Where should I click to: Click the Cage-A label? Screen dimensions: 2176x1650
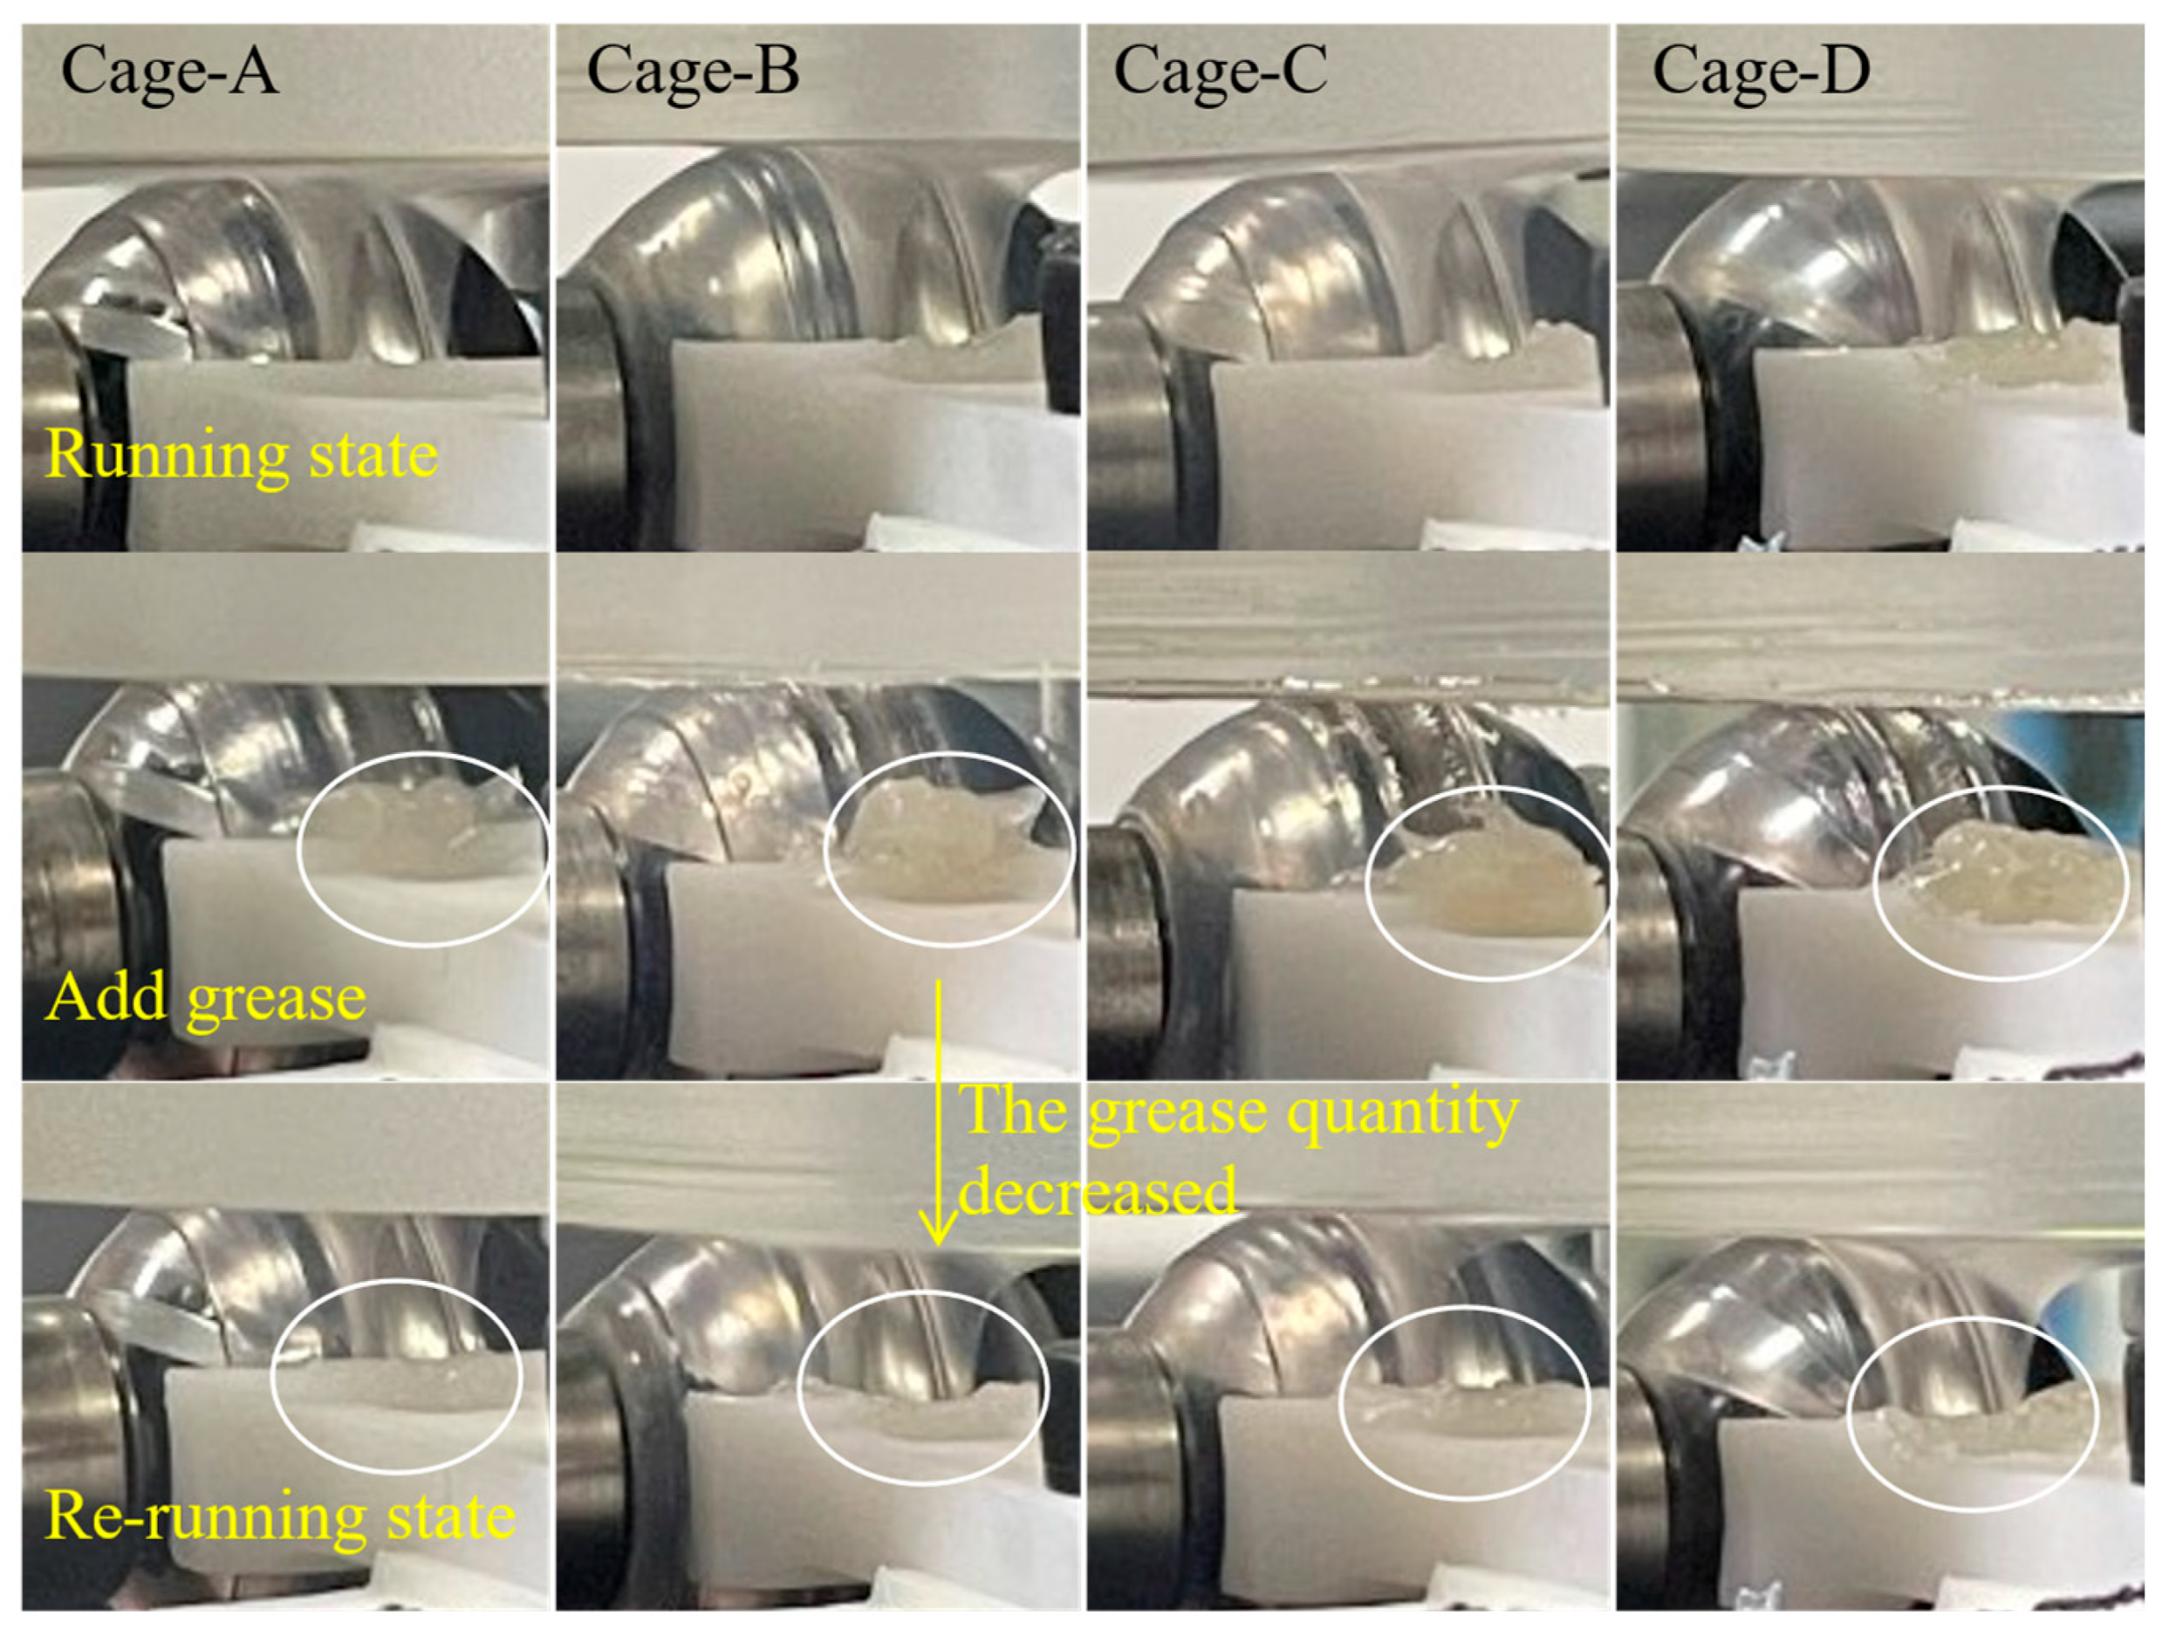[x=169, y=71]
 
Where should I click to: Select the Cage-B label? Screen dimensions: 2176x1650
[x=693, y=71]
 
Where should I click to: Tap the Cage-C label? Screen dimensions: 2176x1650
[x=1220, y=71]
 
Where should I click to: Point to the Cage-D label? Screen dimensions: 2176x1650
[x=1761, y=71]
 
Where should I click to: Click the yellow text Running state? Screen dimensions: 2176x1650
[x=241, y=455]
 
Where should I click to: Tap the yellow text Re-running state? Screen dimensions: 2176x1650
[x=280, y=1516]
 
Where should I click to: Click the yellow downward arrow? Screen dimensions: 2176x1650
[x=939, y=1113]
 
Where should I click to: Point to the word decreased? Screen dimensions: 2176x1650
[x=1098, y=1190]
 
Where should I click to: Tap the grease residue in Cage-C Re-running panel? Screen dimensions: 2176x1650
[x=1466, y=1407]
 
